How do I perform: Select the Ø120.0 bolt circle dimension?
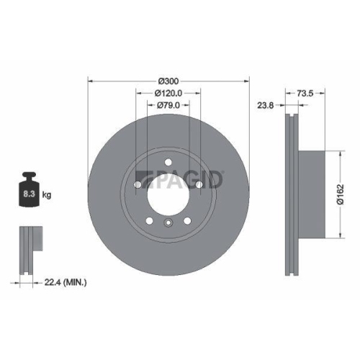point(168,93)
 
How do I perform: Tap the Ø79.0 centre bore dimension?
point(168,106)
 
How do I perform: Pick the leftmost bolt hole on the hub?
point(138,186)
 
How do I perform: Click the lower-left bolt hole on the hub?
point(150,220)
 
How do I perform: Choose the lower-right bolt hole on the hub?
point(186,220)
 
